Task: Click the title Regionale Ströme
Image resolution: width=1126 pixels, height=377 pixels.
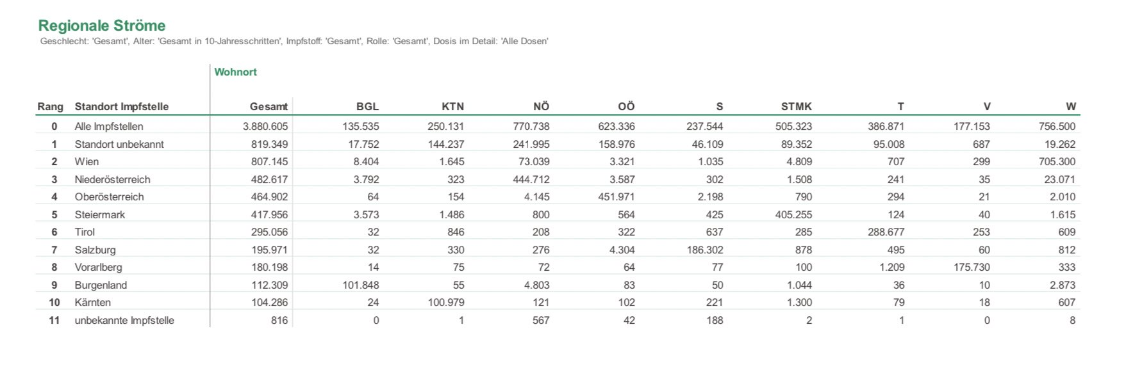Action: (x=102, y=26)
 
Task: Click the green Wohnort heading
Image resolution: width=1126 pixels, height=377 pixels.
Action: (x=235, y=72)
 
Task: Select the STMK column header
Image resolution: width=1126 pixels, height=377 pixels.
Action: (x=796, y=107)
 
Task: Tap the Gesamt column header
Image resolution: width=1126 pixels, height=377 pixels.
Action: (x=269, y=107)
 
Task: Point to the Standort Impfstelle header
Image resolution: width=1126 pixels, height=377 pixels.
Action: (x=122, y=107)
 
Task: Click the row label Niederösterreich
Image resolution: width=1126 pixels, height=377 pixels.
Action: (x=112, y=180)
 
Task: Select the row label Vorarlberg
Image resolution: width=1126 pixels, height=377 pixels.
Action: (x=98, y=268)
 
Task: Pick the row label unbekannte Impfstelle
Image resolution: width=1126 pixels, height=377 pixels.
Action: (x=124, y=321)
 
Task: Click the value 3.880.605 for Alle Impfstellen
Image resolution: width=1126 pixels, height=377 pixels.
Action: (x=265, y=127)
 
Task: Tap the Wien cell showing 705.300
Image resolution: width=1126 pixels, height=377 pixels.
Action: (x=1057, y=162)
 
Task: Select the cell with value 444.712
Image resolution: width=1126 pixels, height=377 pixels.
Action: (x=531, y=180)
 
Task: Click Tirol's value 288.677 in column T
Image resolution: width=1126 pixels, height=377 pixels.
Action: (x=886, y=232)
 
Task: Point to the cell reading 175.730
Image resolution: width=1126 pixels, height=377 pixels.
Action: (x=972, y=268)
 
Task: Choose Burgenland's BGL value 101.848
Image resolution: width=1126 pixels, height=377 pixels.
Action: (x=361, y=285)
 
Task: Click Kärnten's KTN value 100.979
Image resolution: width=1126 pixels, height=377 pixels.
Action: (x=446, y=303)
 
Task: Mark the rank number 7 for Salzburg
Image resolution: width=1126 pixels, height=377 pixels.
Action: (x=54, y=250)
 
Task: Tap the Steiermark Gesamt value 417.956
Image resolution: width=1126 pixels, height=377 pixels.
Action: (x=269, y=215)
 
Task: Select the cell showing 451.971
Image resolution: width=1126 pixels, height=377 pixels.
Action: (x=617, y=197)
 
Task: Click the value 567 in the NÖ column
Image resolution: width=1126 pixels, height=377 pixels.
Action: (x=541, y=321)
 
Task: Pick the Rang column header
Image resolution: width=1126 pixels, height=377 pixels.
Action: (x=50, y=107)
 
